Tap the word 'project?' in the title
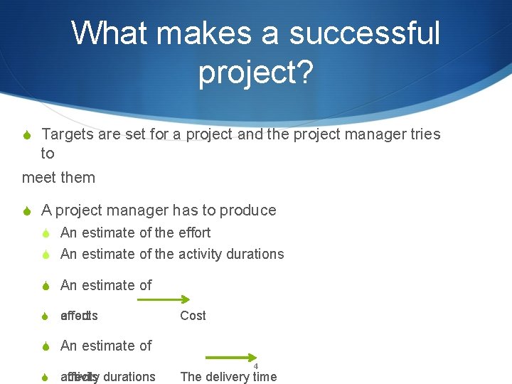(256, 73)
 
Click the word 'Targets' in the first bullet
(68, 134)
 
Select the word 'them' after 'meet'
(78, 177)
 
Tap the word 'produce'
(248, 210)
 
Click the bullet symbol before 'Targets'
(26, 135)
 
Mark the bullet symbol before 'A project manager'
(26, 211)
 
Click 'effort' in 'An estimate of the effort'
(194, 233)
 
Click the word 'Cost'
(193, 316)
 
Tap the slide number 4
(256, 366)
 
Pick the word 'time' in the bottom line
(264, 377)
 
